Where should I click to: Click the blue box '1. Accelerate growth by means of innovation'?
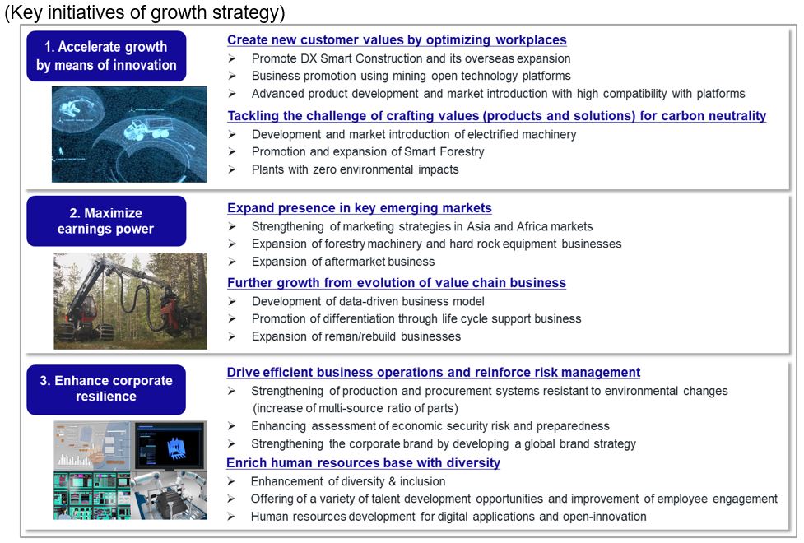click(106, 56)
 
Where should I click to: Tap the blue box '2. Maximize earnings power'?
click(106, 221)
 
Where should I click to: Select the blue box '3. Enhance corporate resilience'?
click(106, 389)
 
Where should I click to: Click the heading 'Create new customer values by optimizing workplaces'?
click(397, 40)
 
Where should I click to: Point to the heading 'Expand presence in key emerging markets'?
click(360, 208)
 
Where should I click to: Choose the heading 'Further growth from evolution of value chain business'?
click(397, 283)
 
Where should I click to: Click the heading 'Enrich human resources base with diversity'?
click(363, 463)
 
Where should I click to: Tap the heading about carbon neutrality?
click(497, 116)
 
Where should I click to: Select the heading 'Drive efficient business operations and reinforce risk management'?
click(434, 372)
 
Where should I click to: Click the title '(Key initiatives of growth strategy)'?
click(145, 12)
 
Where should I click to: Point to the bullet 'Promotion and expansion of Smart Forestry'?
click(368, 151)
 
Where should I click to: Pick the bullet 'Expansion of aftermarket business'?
click(343, 262)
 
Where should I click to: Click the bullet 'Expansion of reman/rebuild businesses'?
click(356, 336)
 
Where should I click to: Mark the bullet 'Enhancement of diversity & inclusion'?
click(348, 481)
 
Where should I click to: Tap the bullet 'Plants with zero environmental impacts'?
click(356, 169)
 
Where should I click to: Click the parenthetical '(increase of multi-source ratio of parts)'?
click(355, 408)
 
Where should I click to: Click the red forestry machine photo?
click(131, 301)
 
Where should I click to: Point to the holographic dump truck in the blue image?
click(146, 128)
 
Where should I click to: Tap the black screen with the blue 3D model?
click(170, 445)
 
